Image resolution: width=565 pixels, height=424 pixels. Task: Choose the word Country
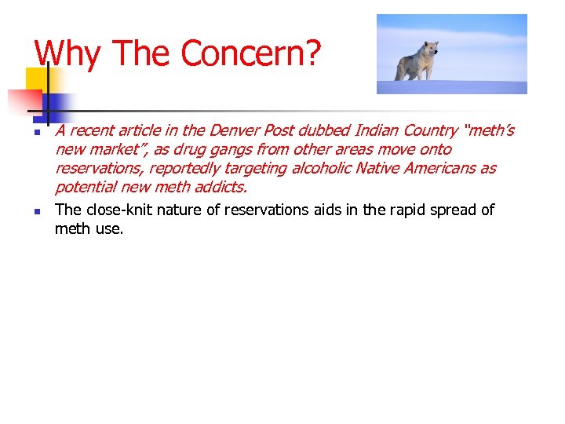pyautogui.click(x=430, y=130)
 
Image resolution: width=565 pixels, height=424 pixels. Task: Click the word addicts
pyautogui.click(x=221, y=187)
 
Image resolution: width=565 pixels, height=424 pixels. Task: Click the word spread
pyautogui.click(x=447, y=210)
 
